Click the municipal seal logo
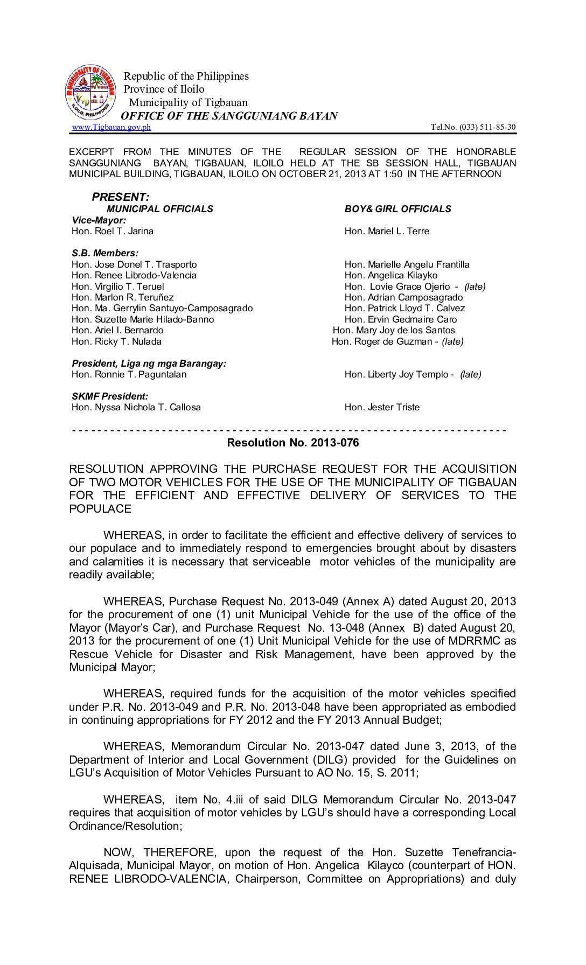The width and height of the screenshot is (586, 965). pyautogui.click(x=90, y=93)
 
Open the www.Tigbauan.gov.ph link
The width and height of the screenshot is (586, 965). pyautogui.click(x=111, y=127)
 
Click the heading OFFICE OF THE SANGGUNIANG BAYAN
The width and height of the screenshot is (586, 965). pyautogui.click(x=229, y=116)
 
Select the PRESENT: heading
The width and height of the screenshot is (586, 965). pyautogui.click(x=121, y=197)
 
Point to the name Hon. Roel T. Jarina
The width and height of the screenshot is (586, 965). pyautogui.click(x=112, y=231)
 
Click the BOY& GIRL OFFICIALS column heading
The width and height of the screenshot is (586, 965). pyautogui.click(x=397, y=209)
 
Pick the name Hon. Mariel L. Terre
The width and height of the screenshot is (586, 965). pyautogui.click(x=387, y=231)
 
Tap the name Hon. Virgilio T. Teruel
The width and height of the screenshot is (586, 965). pyautogui.click(x=117, y=286)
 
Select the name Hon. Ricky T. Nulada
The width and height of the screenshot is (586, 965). pyautogui.click(x=116, y=341)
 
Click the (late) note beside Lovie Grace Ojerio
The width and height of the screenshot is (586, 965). pyautogui.click(x=475, y=286)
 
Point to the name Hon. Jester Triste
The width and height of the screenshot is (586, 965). pyautogui.click(x=382, y=407)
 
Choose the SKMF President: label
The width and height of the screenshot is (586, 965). pyautogui.click(x=110, y=396)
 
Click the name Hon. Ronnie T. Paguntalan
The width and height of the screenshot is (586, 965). pyautogui.click(x=129, y=374)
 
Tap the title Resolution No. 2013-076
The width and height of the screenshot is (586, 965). pyautogui.click(x=292, y=443)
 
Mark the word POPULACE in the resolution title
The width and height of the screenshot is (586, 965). pyautogui.click(x=100, y=509)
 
